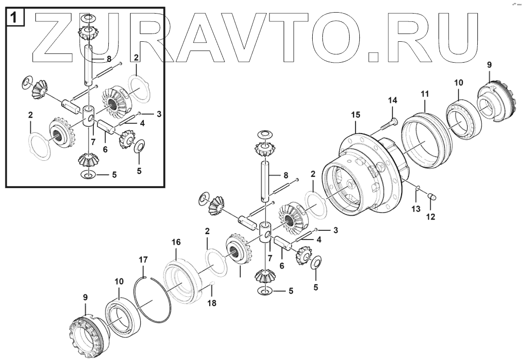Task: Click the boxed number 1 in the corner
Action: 15,18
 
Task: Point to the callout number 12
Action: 430,216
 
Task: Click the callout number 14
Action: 392,100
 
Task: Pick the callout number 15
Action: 356,115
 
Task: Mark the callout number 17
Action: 143,260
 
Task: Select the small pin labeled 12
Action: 430,197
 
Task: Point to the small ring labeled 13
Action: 418,187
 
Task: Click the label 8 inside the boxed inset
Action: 109,59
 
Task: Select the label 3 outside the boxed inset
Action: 335,229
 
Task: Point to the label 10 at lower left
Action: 118,282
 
